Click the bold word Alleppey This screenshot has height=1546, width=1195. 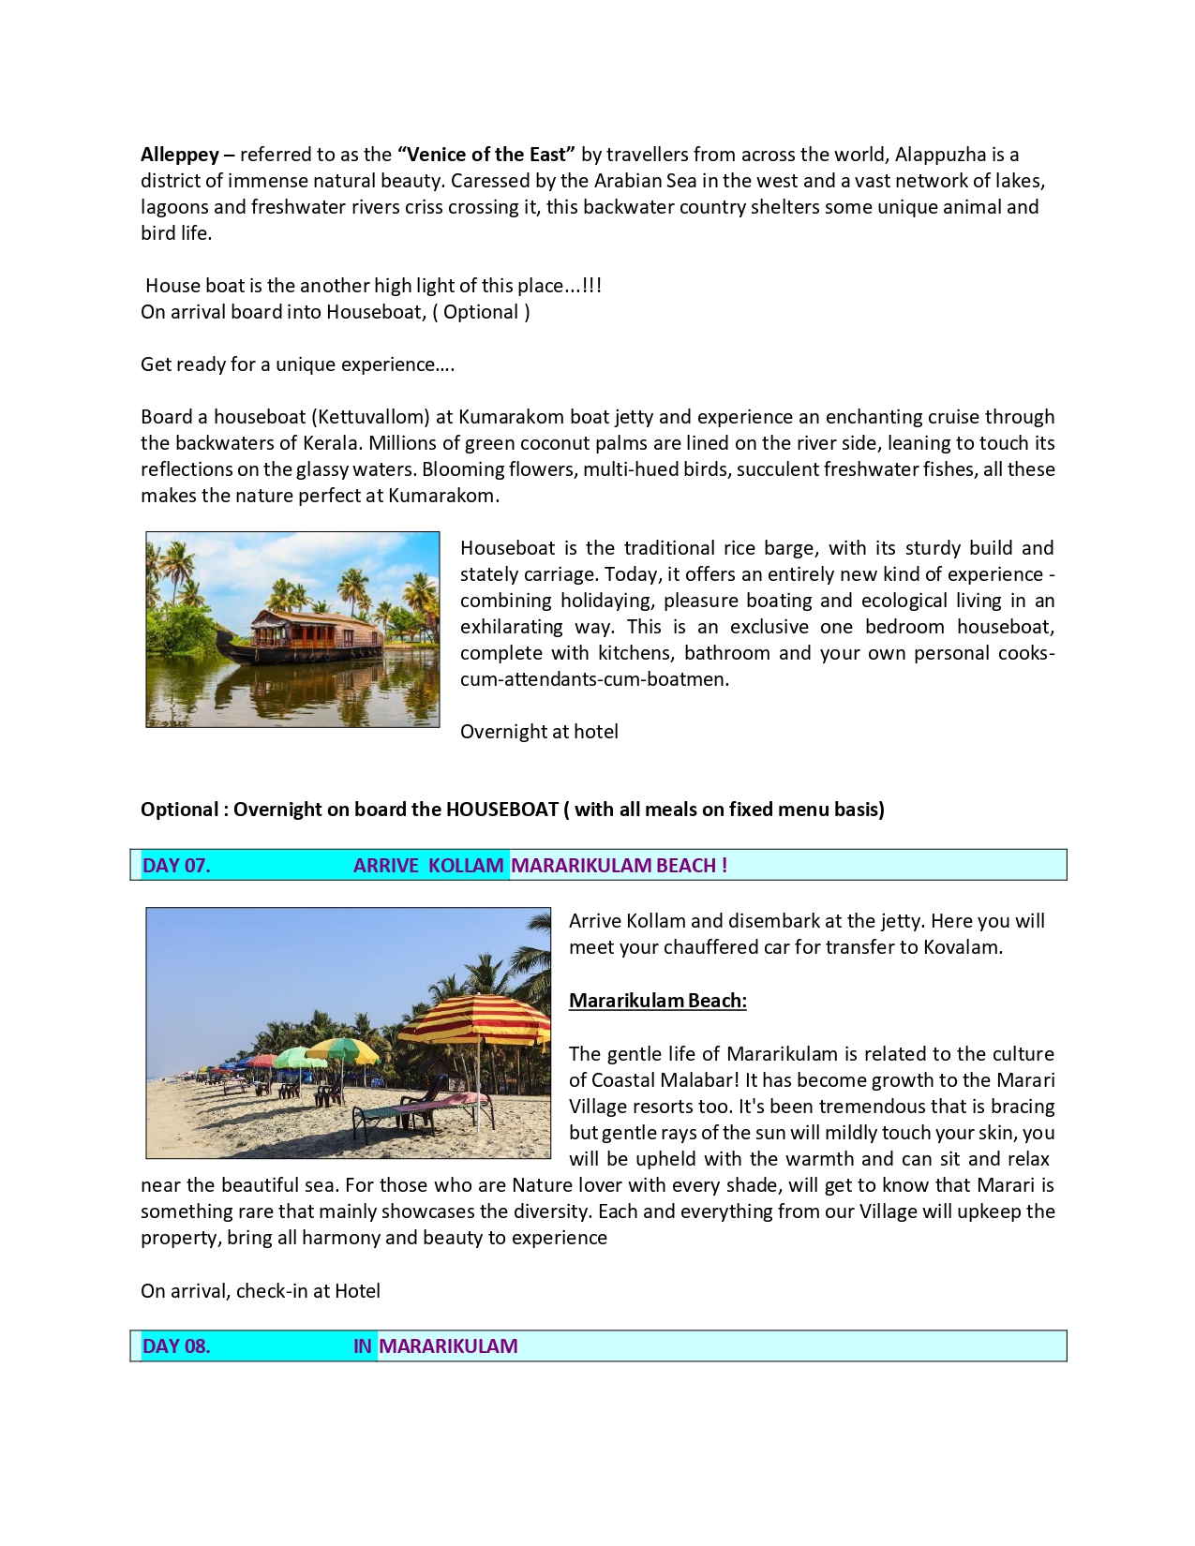point(179,155)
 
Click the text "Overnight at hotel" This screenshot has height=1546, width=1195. point(539,732)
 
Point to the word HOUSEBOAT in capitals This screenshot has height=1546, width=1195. point(501,810)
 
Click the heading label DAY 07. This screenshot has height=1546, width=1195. point(176,866)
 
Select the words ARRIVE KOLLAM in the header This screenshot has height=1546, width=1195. point(428,866)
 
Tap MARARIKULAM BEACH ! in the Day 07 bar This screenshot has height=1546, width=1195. point(619,866)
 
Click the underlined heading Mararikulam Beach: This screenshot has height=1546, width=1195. point(657,1001)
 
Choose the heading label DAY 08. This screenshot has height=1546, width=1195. point(176,1346)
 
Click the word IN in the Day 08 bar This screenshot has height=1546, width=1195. point(363,1346)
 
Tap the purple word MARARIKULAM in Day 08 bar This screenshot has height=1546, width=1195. point(448,1346)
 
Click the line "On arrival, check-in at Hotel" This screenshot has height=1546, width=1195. point(261,1291)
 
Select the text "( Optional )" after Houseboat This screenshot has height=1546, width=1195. point(481,312)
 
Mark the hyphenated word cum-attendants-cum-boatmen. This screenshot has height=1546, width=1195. point(593,679)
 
